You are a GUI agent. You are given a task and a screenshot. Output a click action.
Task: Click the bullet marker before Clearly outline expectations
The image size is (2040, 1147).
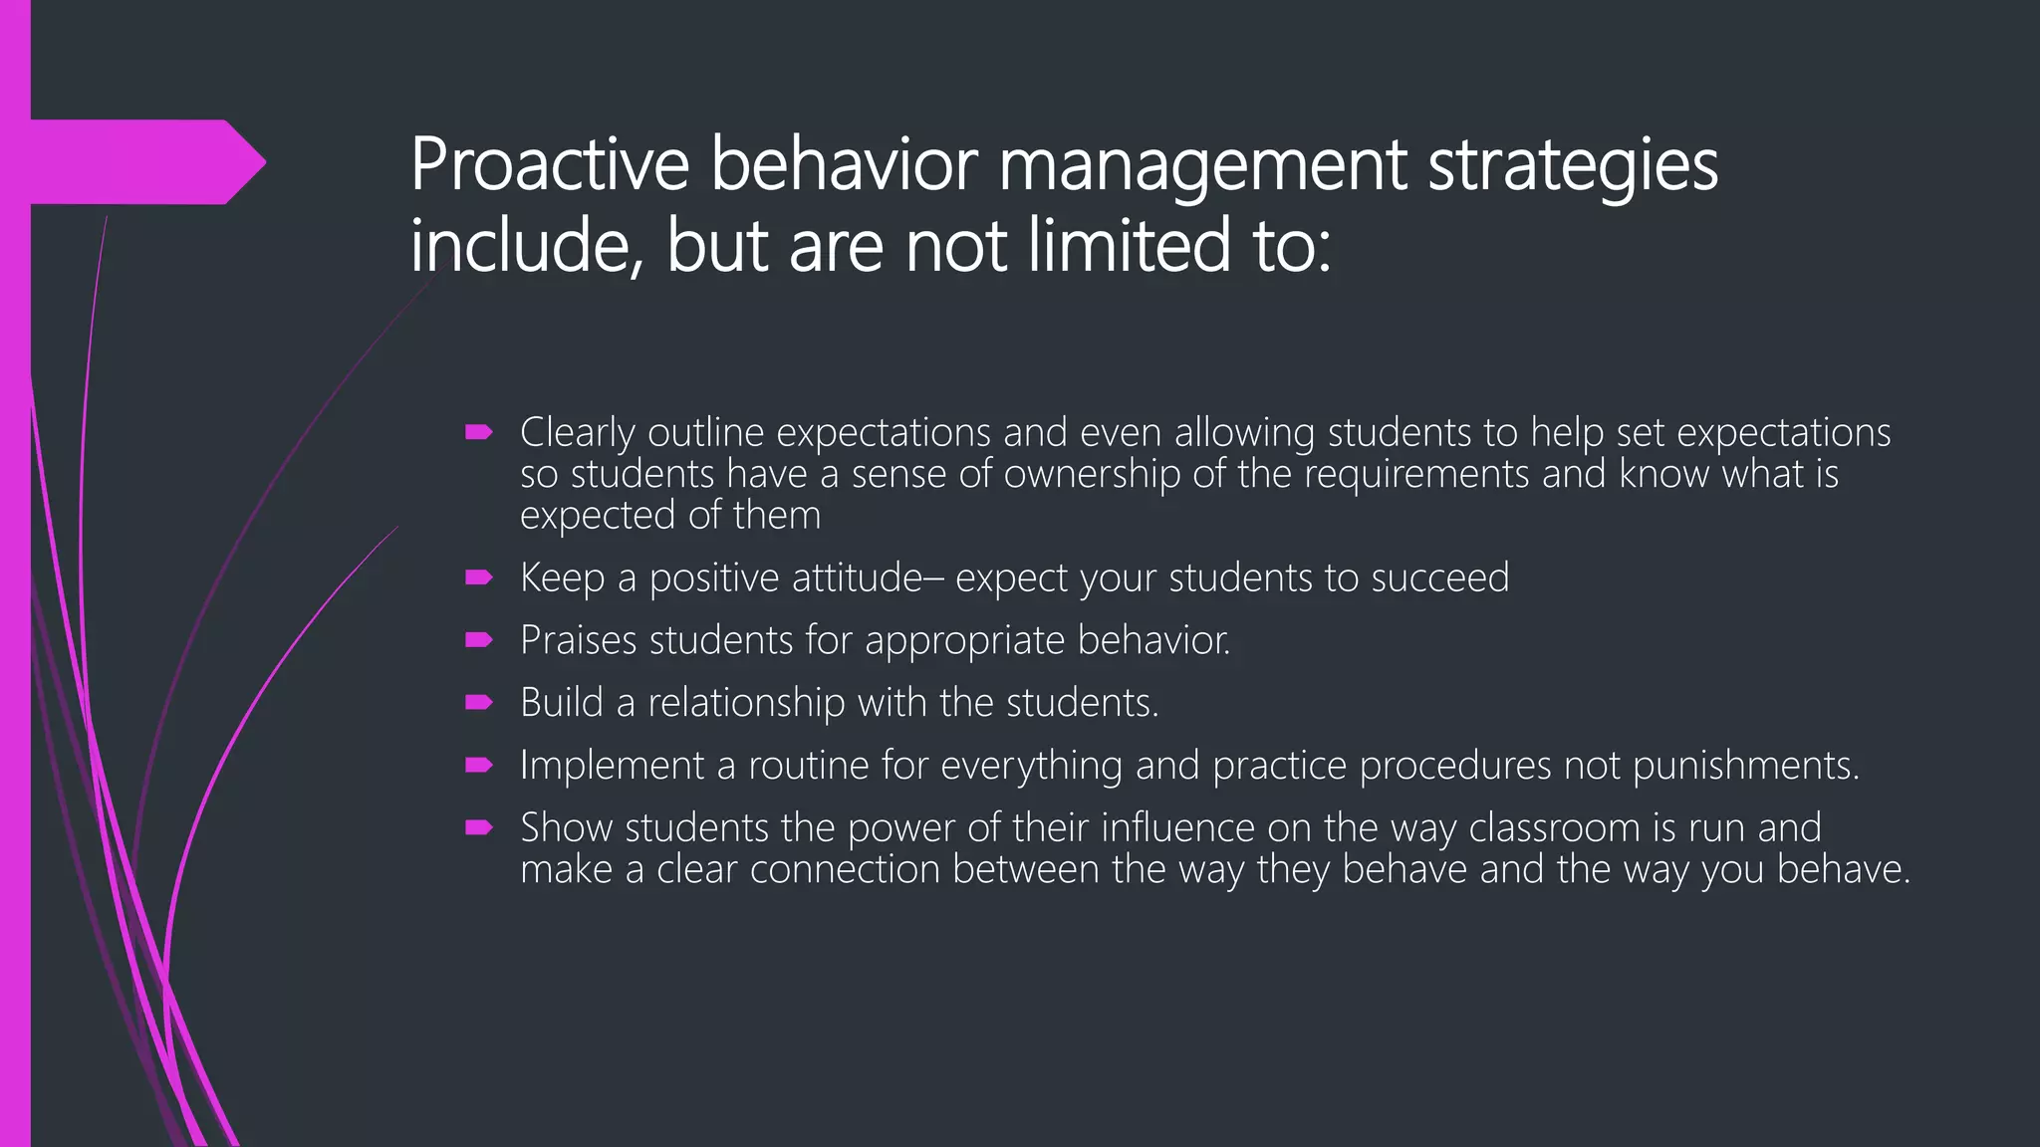(x=479, y=432)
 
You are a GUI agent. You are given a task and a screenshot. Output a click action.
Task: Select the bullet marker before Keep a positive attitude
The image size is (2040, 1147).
(x=479, y=577)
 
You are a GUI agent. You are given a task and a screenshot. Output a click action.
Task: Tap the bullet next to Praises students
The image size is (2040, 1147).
(x=479, y=640)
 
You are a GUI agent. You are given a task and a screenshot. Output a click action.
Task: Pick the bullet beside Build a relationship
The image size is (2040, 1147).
(x=479, y=703)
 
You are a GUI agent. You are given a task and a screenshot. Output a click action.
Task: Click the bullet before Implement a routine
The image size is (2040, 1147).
(x=479, y=766)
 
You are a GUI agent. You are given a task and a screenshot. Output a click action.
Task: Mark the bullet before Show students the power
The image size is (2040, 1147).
(x=479, y=827)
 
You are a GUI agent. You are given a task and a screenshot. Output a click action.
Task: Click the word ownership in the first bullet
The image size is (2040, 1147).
(x=1092, y=475)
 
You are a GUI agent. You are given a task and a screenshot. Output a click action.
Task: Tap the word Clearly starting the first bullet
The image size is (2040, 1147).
(x=577, y=433)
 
